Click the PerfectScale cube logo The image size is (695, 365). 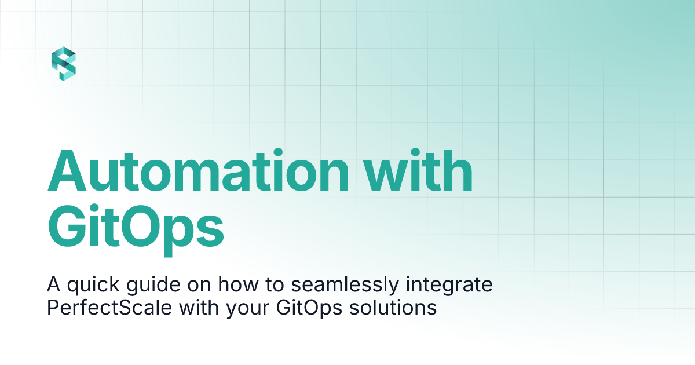click(64, 64)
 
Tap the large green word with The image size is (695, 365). click(418, 170)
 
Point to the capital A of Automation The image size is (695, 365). click(67, 171)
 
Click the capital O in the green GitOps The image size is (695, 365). click(143, 227)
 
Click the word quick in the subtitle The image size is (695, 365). click(93, 285)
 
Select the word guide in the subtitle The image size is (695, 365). click(153, 285)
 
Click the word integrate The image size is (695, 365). click(449, 285)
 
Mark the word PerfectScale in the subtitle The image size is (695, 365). click(109, 308)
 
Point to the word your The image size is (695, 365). click(248, 309)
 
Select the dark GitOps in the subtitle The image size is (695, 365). click(309, 308)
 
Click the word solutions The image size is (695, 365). click(393, 308)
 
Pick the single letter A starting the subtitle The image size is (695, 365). click(53, 284)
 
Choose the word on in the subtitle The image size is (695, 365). click(199, 286)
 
